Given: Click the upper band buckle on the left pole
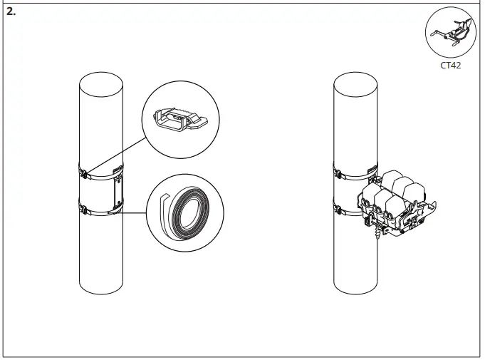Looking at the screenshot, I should [84, 171].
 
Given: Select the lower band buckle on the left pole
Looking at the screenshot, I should [84, 210].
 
